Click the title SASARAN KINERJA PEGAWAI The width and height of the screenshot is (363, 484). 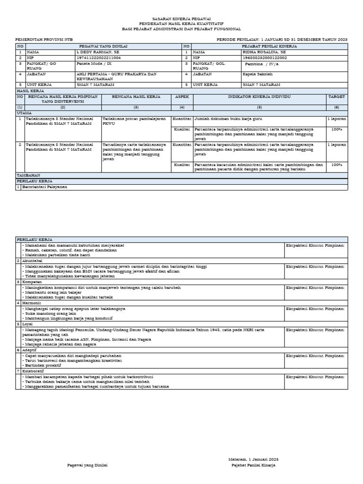181,17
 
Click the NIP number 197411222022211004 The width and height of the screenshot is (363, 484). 98,57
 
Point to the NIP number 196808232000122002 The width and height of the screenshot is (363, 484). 265,57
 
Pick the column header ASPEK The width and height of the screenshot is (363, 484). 181,96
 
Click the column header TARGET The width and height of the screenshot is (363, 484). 337,96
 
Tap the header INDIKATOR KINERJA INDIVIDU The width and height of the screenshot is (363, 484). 259,96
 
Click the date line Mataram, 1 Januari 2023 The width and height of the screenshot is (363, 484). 252,459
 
